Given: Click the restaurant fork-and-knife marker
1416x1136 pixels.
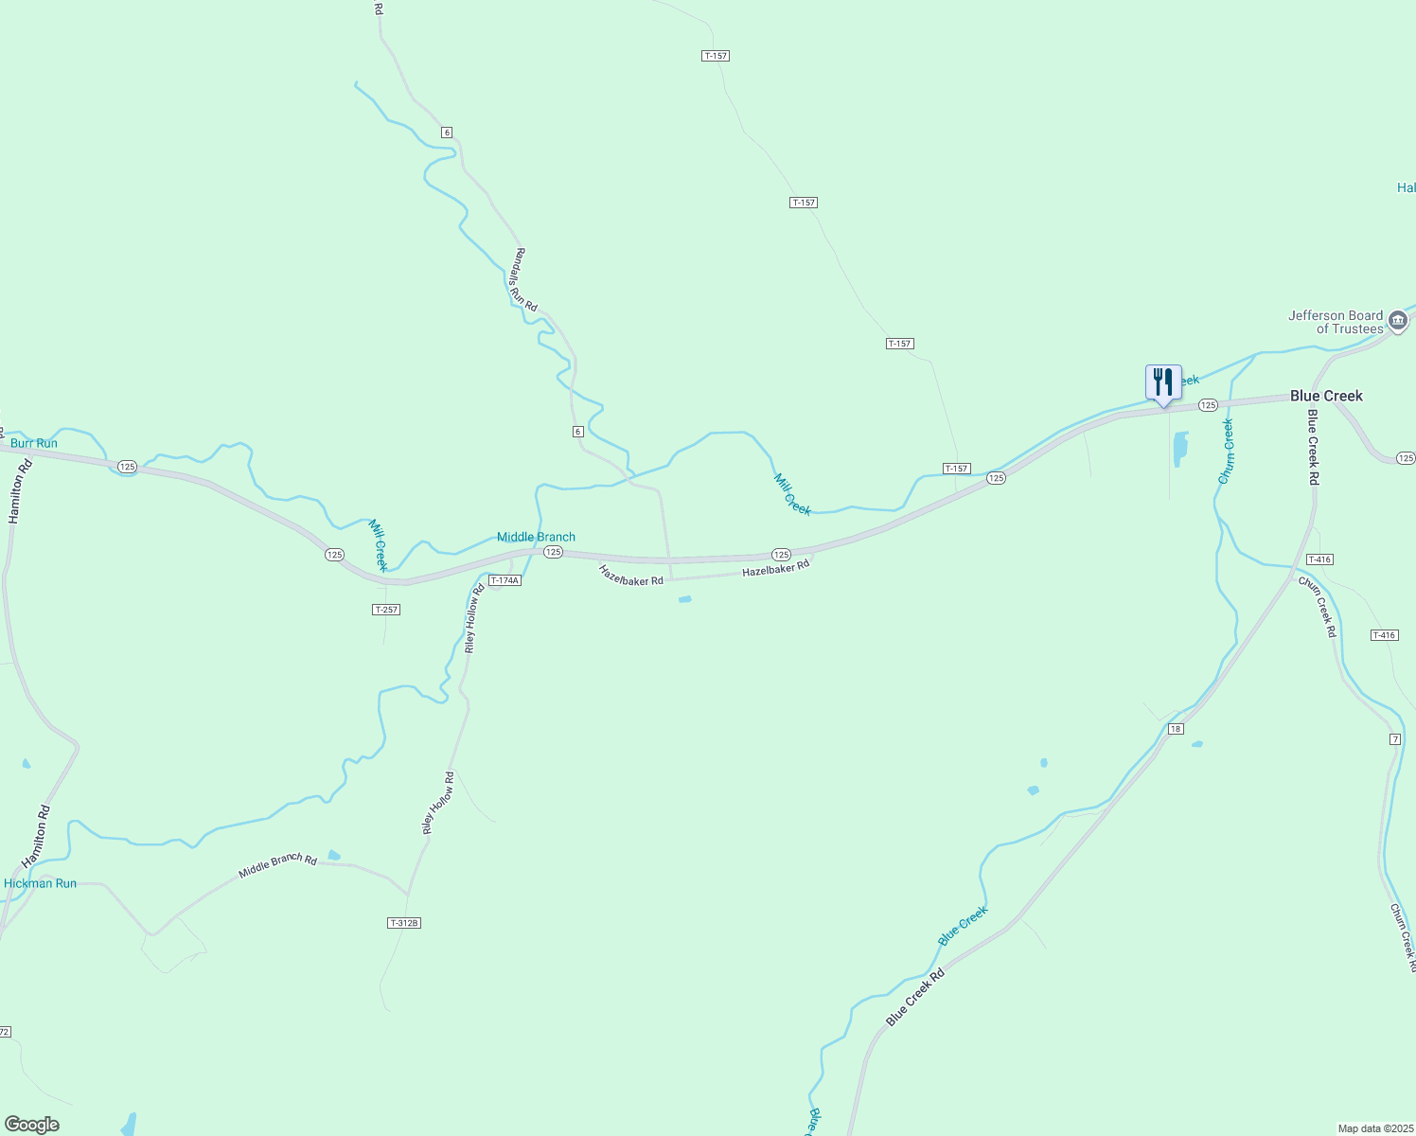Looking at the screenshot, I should (1163, 383).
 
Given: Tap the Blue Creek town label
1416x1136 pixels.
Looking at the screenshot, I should (1326, 396).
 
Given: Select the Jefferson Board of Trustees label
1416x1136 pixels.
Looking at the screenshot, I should (1336, 322).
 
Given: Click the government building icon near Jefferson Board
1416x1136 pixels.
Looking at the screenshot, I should (1398, 322).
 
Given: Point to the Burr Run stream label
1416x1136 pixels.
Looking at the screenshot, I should (34, 443).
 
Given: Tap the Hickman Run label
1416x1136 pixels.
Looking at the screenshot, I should (40, 883).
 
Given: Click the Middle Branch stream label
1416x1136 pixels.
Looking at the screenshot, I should (536, 537).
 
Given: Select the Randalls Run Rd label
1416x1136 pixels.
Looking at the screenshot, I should (523, 280).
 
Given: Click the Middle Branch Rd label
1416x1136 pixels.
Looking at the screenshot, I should (277, 864).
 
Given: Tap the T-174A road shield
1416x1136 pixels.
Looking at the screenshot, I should (504, 580).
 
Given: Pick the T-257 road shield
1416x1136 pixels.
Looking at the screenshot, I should (386, 610).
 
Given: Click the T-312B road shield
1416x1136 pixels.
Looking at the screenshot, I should (404, 922).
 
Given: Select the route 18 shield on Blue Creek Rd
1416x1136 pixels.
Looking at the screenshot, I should (1176, 728).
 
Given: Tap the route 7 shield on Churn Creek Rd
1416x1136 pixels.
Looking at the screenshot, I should (1395, 738).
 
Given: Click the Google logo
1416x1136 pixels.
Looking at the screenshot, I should (32, 1124).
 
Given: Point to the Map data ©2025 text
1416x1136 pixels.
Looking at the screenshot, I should (1374, 1128).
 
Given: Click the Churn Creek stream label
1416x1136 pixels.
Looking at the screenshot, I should (1227, 452).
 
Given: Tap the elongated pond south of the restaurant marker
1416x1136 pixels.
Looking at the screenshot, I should (1180, 449).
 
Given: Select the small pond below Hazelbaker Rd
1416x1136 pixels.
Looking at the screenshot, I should (684, 599).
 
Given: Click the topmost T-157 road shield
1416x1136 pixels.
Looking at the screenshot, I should (716, 56).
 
